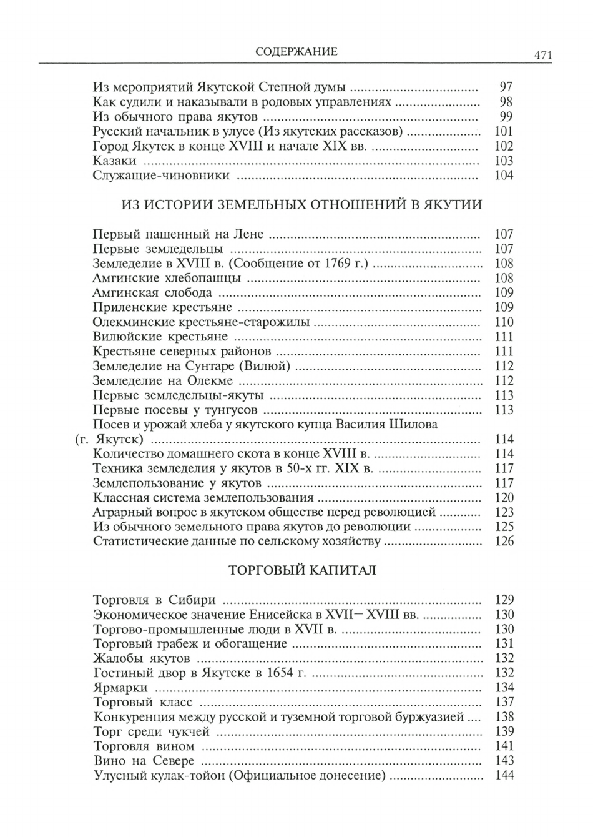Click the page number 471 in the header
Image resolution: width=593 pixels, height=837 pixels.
542,56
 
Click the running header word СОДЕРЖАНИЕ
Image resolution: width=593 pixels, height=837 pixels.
296,52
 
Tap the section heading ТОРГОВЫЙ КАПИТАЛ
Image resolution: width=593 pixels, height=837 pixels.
303,570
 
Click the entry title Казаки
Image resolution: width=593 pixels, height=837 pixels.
114,161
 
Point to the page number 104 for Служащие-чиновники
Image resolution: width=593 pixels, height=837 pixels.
503,176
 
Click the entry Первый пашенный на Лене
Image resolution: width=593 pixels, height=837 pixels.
178,235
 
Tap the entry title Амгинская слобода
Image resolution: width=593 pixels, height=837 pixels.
152,293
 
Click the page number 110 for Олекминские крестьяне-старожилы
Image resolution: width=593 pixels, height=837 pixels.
503,322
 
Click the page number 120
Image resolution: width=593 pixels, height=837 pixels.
503,498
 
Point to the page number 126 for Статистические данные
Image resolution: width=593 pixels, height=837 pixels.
503,542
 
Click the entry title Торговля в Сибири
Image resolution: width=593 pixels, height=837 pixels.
154,600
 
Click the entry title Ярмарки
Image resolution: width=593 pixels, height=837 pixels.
120,688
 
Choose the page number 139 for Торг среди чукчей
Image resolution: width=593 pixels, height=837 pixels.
503,732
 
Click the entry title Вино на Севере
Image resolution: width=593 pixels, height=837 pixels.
144,761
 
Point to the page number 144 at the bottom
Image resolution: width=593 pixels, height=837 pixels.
503,776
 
